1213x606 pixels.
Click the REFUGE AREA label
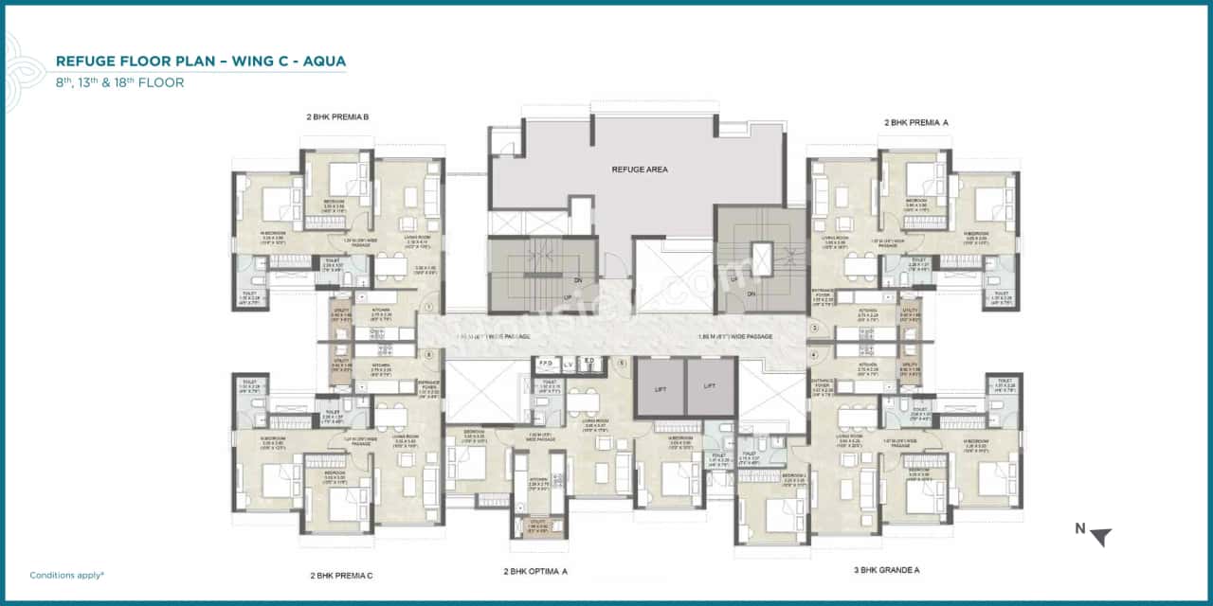tap(640, 169)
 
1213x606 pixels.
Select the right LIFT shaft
tap(711, 388)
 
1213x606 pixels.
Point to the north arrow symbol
tap(1098, 537)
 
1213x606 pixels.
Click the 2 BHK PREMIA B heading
tap(336, 117)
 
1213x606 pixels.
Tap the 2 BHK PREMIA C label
tap(341, 575)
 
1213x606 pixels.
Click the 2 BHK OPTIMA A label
tap(535, 571)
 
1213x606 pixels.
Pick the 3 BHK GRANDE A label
tap(887, 570)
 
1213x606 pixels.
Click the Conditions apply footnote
tap(66, 575)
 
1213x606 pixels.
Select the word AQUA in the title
tap(326, 62)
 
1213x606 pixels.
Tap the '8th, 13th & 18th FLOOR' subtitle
tap(119, 82)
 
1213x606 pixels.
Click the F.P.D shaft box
tap(546, 364)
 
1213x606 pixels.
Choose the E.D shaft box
tap(588, 364)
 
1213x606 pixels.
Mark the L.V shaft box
tap(568, 364)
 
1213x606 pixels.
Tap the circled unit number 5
tap(622, 363)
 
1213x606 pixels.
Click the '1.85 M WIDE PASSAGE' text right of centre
tap(734, 336)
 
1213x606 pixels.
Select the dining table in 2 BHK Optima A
tap(577, 401)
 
